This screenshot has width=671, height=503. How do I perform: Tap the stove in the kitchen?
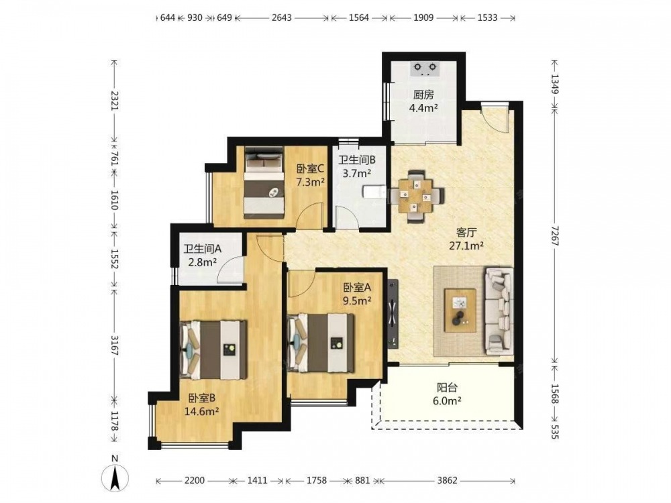[425, 68]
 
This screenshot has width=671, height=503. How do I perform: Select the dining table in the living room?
[417, 197]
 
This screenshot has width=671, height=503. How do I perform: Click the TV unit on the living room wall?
[393, 313]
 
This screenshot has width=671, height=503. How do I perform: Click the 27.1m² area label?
[466, 246]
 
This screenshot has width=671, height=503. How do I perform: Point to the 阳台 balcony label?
[447, 388]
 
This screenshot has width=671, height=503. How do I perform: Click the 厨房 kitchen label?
[423, 95]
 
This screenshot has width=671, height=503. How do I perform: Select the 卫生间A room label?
[203, 249]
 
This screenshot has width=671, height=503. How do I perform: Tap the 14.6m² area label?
[202, 412]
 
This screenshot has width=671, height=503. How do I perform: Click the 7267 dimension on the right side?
[555, 235]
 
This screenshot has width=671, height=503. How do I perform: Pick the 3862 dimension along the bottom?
[447, 481]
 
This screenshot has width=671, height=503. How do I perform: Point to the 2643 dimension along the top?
[282, 17]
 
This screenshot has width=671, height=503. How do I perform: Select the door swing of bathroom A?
[231, 270]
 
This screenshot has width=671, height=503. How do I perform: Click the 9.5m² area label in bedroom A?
[357, 300]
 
